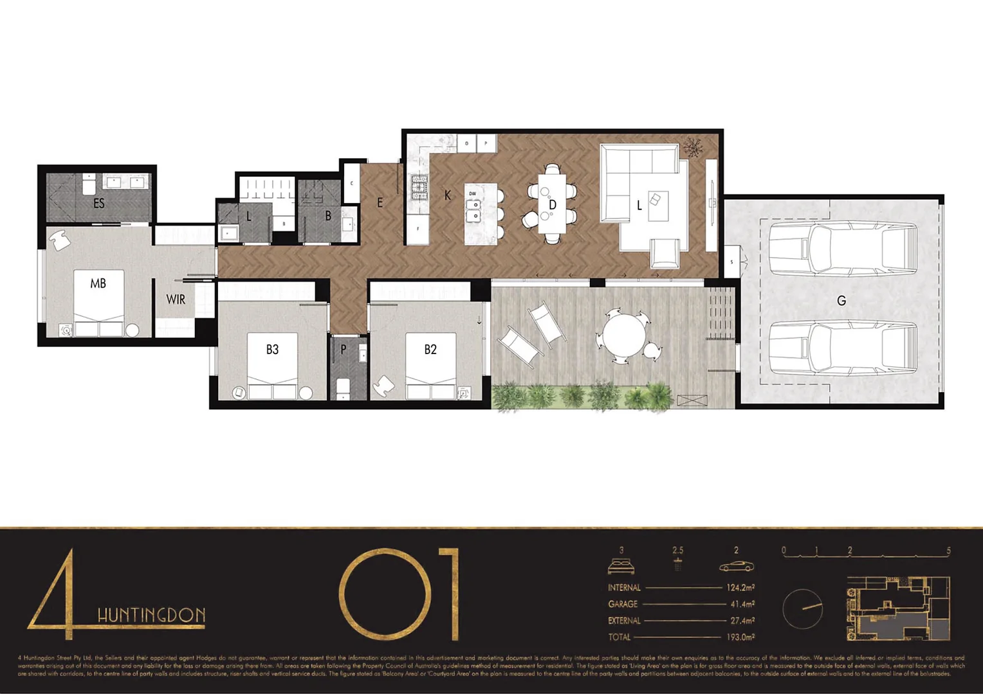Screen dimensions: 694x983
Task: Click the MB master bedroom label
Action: (98, 283)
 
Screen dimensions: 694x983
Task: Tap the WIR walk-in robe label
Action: (176, 299)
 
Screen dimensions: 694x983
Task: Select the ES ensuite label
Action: (98, 204)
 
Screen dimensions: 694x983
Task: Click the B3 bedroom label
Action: (272, 350)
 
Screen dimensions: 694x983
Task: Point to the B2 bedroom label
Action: (430, 350)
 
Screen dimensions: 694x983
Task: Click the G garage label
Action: (841, 301)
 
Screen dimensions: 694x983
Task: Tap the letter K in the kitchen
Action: (448, 195)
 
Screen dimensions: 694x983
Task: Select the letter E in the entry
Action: (380, 203)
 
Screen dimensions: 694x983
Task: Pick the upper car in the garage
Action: (843, 249)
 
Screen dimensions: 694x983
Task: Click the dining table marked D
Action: (552, 204)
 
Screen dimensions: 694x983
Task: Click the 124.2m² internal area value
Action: (740, 587)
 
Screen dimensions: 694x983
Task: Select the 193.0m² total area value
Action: (740, 637)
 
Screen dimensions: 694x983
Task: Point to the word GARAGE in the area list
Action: (623, 604)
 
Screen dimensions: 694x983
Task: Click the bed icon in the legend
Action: (621, 566)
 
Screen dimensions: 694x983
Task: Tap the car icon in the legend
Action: (736, 566)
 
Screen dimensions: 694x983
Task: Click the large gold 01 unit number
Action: (399, 594)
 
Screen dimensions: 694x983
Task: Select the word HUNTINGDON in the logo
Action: (151, 615)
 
